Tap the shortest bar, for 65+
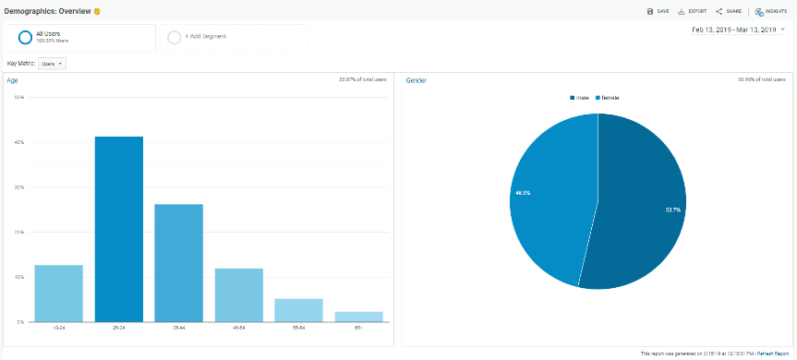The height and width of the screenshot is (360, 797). (358, 317)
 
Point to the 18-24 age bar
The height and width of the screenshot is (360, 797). (59, 294)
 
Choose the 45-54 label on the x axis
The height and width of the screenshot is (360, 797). (238, 327)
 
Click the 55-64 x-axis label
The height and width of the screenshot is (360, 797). (298, 327)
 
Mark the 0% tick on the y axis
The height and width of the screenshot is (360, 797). (19, 321)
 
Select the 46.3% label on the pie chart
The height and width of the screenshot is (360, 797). (523, 193)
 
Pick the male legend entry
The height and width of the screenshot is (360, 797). (580, 97)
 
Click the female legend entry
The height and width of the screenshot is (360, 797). (608, 97)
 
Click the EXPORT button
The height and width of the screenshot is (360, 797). (693, 11)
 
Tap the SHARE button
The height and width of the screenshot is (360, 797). (729, 11)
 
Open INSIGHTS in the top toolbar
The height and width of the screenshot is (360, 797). (772, 11)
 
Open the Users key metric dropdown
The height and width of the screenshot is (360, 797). (53, 64)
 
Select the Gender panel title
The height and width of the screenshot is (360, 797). (416, 80)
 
